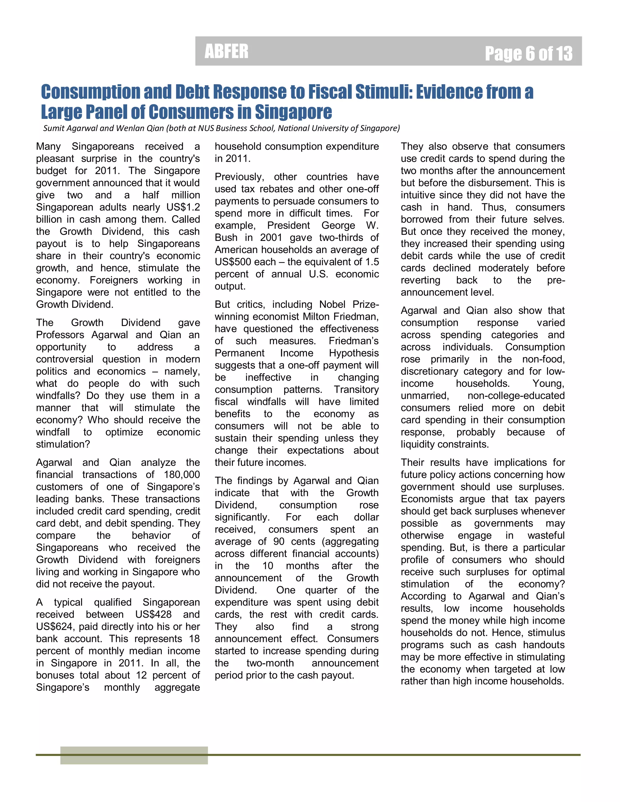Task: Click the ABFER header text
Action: [x=226, y=51]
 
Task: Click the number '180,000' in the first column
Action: [x=182, y=475]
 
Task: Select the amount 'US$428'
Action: [x=153, y=614]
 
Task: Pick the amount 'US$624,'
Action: [x=55, y=626]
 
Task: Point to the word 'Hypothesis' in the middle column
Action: [x=354, y=353]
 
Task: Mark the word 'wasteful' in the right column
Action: [x=546, y=535]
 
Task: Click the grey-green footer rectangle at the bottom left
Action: [x=134, y=755]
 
